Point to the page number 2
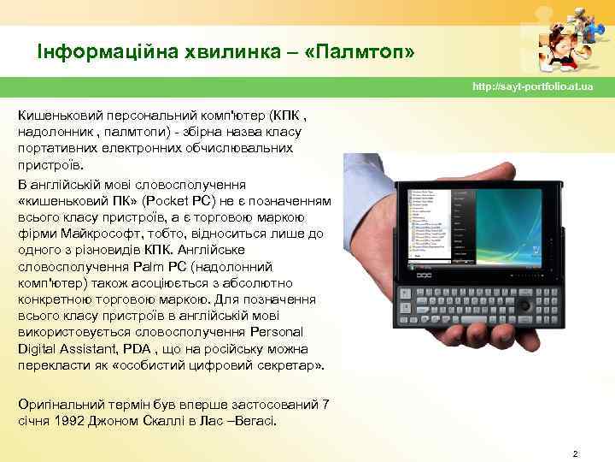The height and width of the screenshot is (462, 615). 576,453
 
